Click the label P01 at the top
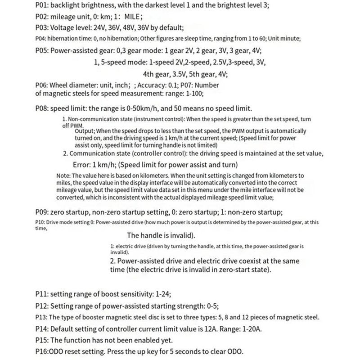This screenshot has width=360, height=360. [42, 7]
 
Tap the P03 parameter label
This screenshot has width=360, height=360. [42, 28]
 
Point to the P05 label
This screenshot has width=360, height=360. [42, 51]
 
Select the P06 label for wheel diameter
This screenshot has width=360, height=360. [41, 85]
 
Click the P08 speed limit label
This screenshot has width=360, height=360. [42, 108]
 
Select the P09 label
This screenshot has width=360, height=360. [42, 212]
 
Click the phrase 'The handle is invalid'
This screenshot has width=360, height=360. [161, 235]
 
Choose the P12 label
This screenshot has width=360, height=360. [42, 306]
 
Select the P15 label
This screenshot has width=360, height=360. [42, 340]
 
